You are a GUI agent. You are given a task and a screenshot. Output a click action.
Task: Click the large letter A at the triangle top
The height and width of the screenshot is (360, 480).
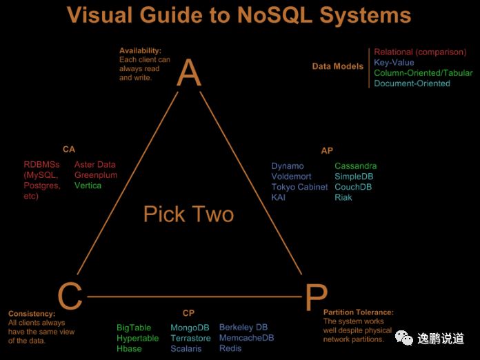click(189, 72)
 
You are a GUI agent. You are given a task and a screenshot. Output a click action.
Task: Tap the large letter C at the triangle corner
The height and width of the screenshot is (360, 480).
click(70, 297)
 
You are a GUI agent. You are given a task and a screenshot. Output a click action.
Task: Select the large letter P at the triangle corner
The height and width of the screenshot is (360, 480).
click(314, 297)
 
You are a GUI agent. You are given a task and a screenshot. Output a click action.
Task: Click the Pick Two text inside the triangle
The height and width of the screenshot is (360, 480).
click(188, 214)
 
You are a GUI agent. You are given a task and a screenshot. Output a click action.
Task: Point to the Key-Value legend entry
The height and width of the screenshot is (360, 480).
click(394, 62)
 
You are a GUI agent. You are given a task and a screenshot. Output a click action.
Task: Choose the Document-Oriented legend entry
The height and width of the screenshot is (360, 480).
click(412, 83)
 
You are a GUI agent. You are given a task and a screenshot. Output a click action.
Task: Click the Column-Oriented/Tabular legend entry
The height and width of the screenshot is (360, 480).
click(423, 72)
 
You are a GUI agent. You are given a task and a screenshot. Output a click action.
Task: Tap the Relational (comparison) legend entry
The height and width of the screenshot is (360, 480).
click(420, 52)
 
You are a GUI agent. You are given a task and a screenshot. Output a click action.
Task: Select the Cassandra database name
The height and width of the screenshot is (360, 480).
click(355, 166)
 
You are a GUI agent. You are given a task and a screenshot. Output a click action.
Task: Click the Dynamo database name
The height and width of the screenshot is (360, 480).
click(287, 166)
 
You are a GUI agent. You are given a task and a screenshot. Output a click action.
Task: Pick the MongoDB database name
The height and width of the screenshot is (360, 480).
click(190, 328)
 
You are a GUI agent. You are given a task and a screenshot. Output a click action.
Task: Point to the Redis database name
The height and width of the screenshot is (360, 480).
click(230, 348)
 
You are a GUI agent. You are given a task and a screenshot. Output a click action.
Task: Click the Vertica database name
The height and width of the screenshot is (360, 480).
click(88, 186)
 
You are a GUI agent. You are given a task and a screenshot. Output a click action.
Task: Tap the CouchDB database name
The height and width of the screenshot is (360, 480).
click(353, 187)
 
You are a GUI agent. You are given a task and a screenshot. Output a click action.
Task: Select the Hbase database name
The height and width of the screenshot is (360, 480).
click(129, 348)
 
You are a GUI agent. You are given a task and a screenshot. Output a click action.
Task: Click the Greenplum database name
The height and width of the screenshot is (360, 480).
click(96, 175)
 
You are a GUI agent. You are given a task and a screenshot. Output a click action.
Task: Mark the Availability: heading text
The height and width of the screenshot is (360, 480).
click(140, 51)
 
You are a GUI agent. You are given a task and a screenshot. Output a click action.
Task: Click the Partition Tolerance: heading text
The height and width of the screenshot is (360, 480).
click(358, 312)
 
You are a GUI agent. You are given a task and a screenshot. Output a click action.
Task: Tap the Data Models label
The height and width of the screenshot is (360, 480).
click(337, 67)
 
